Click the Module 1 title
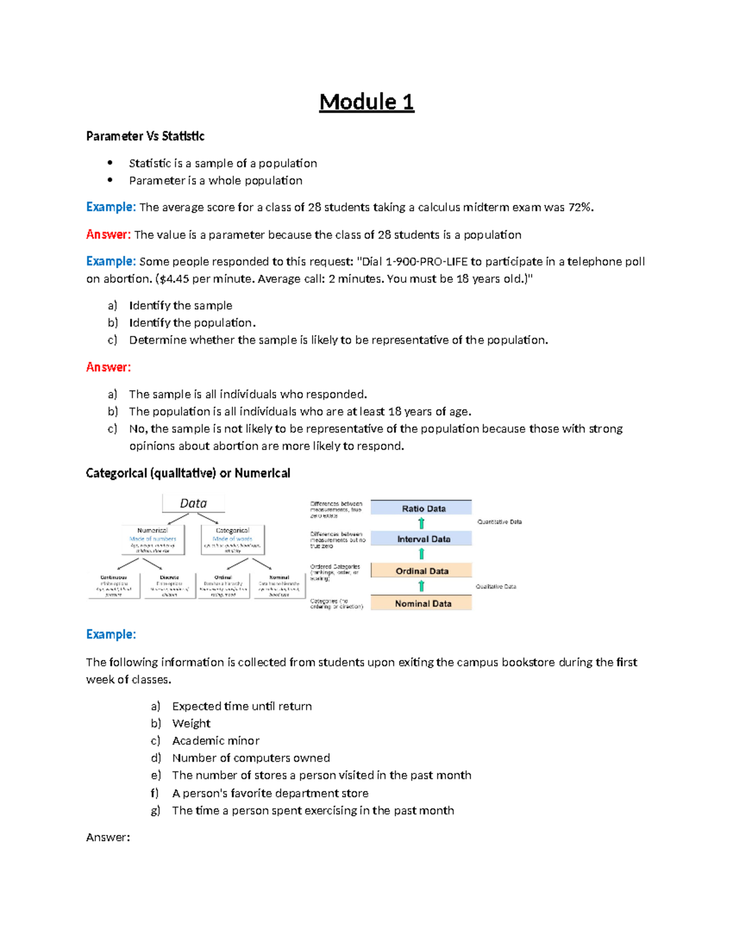point(366,102)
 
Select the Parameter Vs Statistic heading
point(145,136)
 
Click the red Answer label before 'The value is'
point(108,234)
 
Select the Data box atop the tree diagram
point(193,503)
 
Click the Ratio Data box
point(421,508)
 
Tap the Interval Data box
point(421,539)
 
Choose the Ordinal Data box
point(421,571)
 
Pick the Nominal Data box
point(421,603)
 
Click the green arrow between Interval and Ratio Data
point(421,523)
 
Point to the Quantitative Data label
point(499,522)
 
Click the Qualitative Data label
point(495,587)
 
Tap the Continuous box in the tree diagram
point(114,585)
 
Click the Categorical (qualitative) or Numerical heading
point(188,473)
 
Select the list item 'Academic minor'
point(216,740)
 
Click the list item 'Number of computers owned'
point(250,758)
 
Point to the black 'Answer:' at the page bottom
point(108,838)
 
